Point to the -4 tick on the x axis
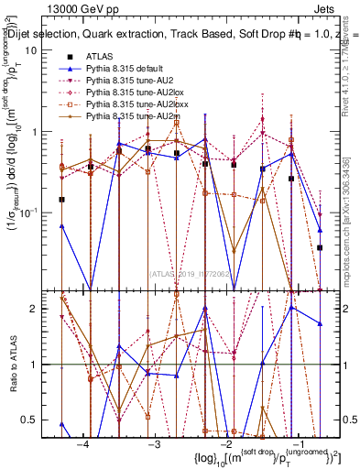(x=83, y=443)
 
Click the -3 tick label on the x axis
(x=155, y=443)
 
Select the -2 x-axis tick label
(x=226, y=443)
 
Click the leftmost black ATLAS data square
(x=62, y=199)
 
